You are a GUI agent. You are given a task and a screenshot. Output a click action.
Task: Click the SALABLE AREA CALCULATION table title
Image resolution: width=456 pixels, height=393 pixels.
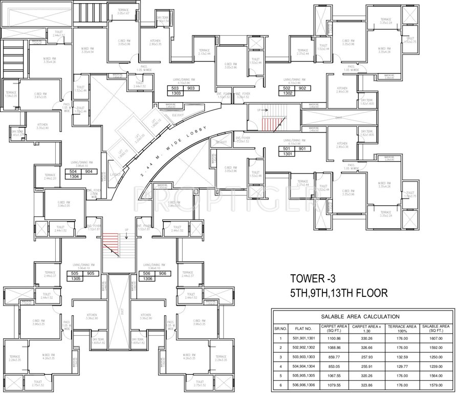tap(363, 317)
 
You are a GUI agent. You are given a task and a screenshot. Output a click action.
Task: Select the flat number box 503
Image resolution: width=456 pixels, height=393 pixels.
tap(177, 88)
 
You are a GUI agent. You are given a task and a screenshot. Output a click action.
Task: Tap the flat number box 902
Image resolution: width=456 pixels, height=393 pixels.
tap(303, 88)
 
